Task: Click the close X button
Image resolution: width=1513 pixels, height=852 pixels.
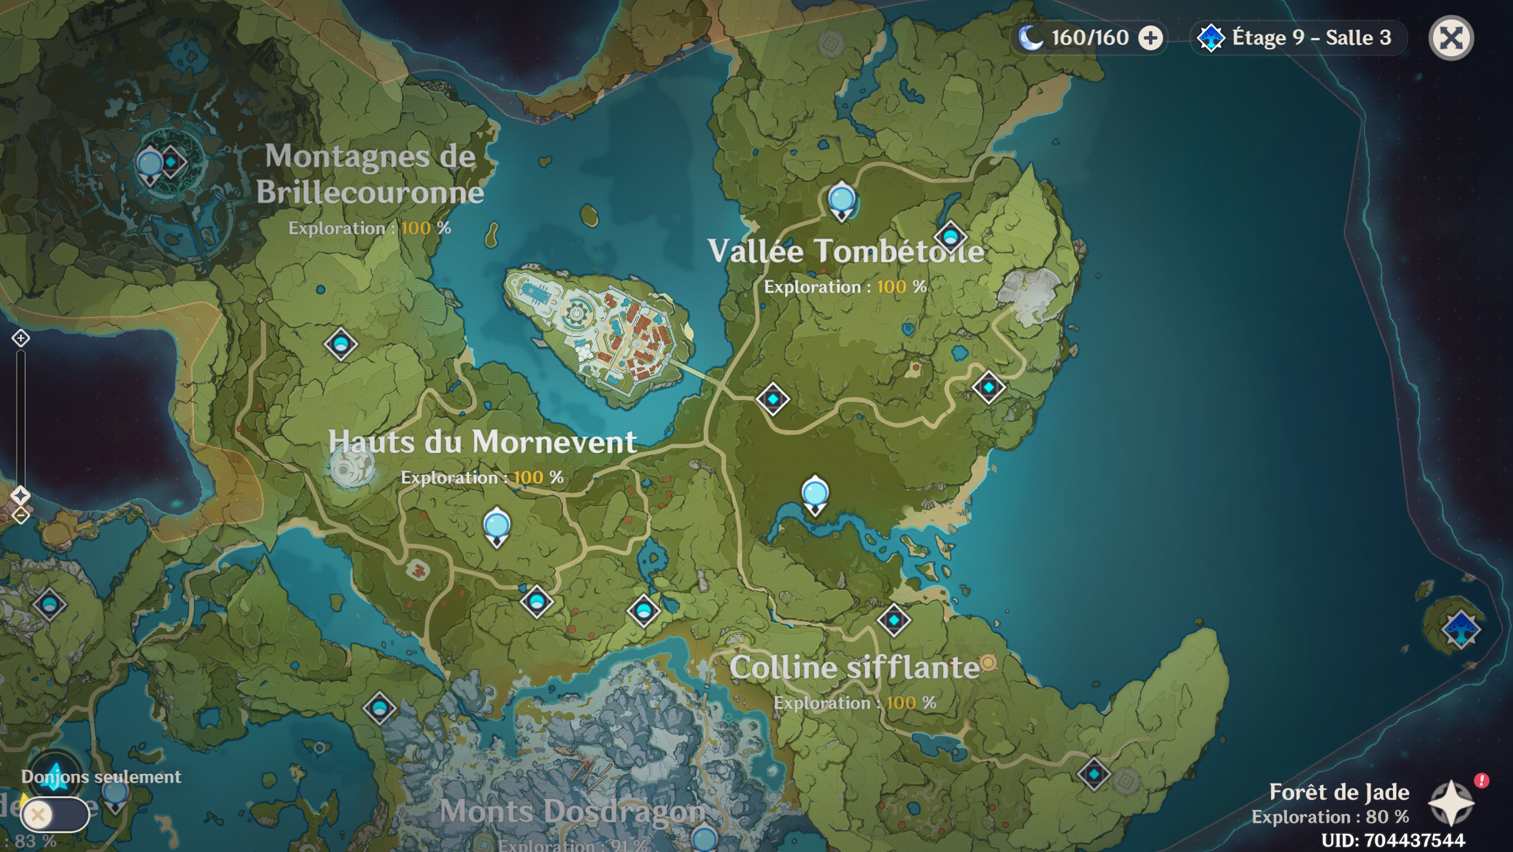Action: (x=1450, y=38)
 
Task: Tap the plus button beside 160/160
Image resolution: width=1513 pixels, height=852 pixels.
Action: (x=1150, y=38)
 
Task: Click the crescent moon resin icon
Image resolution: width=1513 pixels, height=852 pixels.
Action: (x=1030, y=38)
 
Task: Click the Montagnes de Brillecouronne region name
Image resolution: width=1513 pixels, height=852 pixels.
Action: (x=370, y=174)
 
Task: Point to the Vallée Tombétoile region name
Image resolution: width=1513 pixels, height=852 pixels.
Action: (x=846, y=251)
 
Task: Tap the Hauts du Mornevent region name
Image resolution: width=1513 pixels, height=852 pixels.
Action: (x=482, y=442)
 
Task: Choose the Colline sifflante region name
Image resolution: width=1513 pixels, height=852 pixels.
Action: (x=854, y=668)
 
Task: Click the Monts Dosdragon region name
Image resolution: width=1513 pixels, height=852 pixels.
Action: (x=572, y=811)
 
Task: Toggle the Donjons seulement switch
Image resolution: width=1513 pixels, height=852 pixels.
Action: (x=54, y=815)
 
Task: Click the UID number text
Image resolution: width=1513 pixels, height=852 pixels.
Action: (x=1393, y=840)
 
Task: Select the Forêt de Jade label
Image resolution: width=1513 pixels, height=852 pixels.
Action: (x=1339, y=792)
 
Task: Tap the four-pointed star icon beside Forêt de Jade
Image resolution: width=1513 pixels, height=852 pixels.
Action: (x=1450, y=803)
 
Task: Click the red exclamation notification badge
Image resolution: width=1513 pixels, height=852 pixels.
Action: (x=1481, y=780)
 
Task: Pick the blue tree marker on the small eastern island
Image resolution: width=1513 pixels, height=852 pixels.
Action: (x=1460, y=629)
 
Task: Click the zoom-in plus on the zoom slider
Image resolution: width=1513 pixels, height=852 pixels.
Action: (x=21, y=338)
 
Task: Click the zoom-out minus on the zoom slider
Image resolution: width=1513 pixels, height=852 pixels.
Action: (x=21, y=516)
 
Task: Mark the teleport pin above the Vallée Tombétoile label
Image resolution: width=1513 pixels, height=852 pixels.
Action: (x=841, y=200)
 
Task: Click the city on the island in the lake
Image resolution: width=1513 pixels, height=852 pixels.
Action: (x=598, y=335)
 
